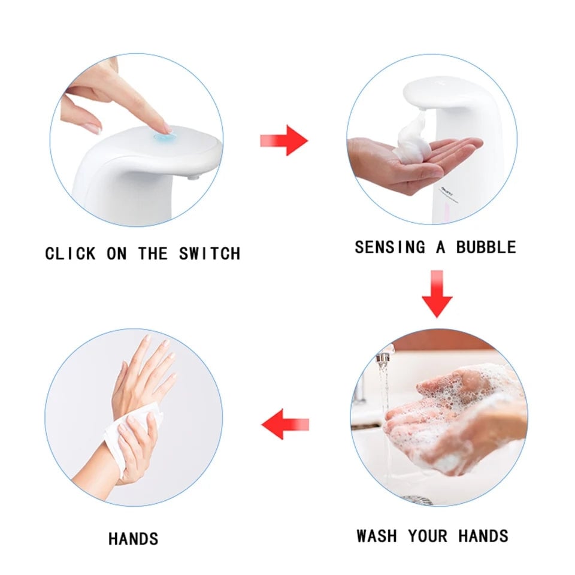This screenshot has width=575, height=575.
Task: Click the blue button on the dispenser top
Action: click(x=162, y=138)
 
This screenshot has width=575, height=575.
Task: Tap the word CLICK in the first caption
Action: click(x=70, y=253)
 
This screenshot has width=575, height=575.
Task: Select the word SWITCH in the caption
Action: click(x=209, y=253)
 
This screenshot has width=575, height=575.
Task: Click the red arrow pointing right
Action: click(x=284, y=140)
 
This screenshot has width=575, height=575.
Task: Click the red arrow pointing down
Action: click(x=437, y=293)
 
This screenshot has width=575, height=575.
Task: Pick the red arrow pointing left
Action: click(x=285, y=425)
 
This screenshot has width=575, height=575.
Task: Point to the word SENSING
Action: click(x=390, y=247)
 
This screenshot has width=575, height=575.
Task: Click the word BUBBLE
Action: click(x=486, y=247)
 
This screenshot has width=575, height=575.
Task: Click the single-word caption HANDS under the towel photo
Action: click(x=134, y=538)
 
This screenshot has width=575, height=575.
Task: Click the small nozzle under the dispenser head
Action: click(x=192, y=177)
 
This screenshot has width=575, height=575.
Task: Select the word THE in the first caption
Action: click(x=153, y=253)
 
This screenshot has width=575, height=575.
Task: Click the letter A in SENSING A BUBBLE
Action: click(x=440, y=247)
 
